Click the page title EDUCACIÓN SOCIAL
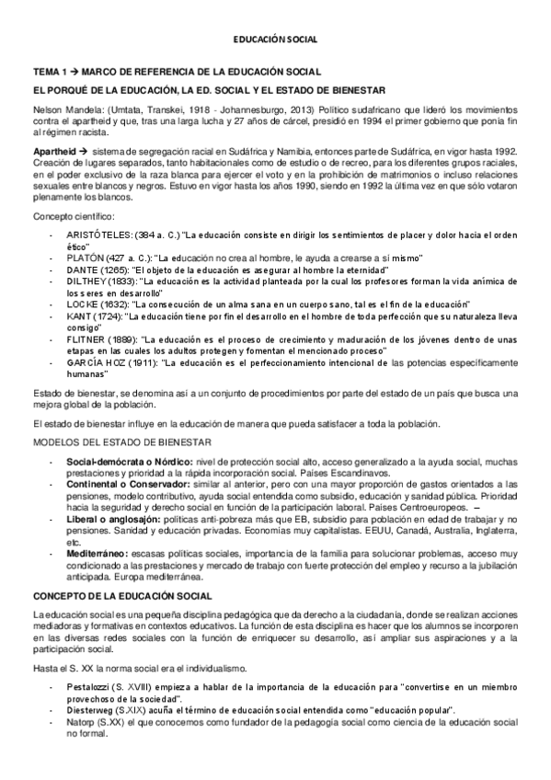tap(274, 40)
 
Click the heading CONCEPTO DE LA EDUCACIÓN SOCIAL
tap(122, 595)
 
